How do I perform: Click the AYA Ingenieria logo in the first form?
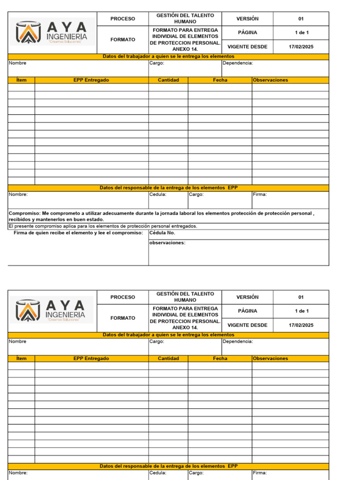pyautogui.click(x=52, y=32)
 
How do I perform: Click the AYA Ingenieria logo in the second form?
pyautogui.click(x=52, y=310)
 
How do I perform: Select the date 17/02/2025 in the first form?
pyautogui.click(x=301, y=46)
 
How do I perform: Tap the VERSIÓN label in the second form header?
pyautogui.click(x=247, y=297)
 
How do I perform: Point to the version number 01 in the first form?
pyautogui.click(x=301, y=19)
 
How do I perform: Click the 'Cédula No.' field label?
pyautogui.click(x=162, y=232)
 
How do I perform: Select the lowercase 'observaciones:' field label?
pyautogui.click(x=167, y=243)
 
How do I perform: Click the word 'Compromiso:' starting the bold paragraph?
pyautogui.click(x=25, y=213)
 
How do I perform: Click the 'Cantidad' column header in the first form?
pyautogui.click(x=168, y=80)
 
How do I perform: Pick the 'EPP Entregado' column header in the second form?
pyautogui.click(x=91, y=358)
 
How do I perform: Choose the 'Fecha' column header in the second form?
pyautogui.click(x=220, y=358)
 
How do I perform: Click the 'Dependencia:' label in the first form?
pyautogui.click(x=238, y=63)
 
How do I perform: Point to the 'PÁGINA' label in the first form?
pyautogui.click(x=247, y=32)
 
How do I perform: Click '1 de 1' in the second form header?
pyautogui.click(x=301, y=311)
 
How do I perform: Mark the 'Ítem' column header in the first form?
pyautogui.click(x=21, y=80)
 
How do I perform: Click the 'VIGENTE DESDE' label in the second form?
pyautogui.click(x=247, y=325)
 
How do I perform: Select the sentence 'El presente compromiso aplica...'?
pyautogui.click(x=103, y=226)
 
